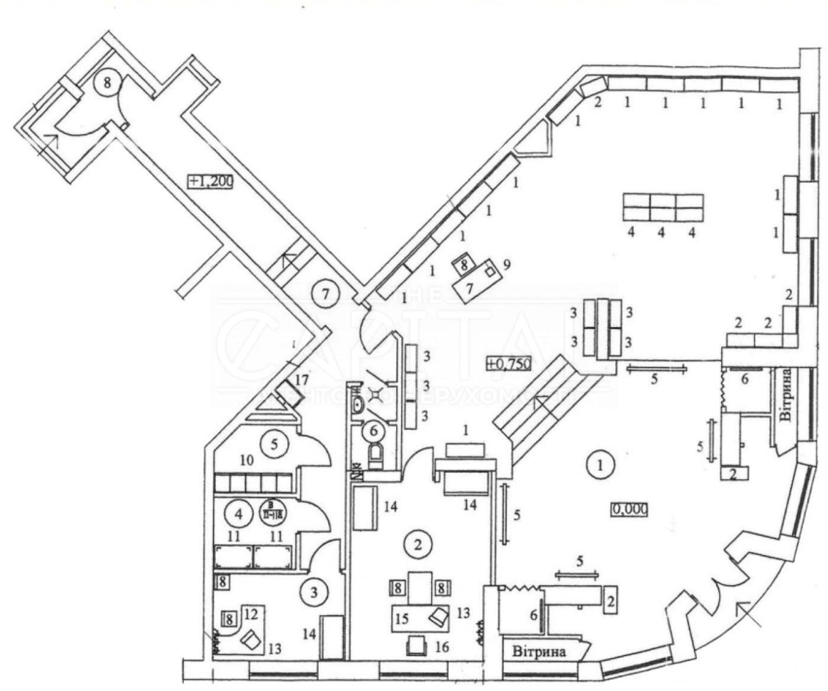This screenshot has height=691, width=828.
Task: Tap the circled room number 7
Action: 325,292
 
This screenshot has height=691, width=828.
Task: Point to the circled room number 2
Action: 418,543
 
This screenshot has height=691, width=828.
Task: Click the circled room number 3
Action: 315,592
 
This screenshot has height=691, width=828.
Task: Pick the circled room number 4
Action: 239,514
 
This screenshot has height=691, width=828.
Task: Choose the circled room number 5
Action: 274,443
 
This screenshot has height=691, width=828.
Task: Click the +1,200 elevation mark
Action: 211,181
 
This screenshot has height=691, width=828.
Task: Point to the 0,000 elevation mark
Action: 629,508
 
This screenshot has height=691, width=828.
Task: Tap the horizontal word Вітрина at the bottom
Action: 539,653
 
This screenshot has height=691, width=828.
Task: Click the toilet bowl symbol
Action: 376,456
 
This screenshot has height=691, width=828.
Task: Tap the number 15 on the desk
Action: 402,619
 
